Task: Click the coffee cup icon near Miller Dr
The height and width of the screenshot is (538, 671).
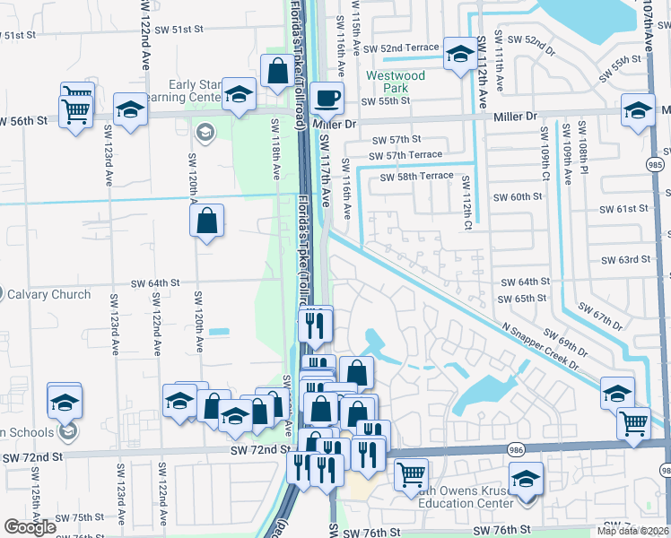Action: point(327,97)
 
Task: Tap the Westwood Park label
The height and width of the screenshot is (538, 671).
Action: point(395,82)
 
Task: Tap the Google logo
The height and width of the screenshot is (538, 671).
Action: point(30,527)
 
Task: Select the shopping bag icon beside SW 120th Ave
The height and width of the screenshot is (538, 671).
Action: point(206,221)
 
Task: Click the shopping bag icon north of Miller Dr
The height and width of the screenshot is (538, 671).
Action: point(278,69)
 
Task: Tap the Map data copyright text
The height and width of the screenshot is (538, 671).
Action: point(633,531)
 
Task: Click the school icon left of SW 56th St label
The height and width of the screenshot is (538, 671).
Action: point(131,110)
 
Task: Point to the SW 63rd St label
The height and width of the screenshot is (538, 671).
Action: point(627,260)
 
